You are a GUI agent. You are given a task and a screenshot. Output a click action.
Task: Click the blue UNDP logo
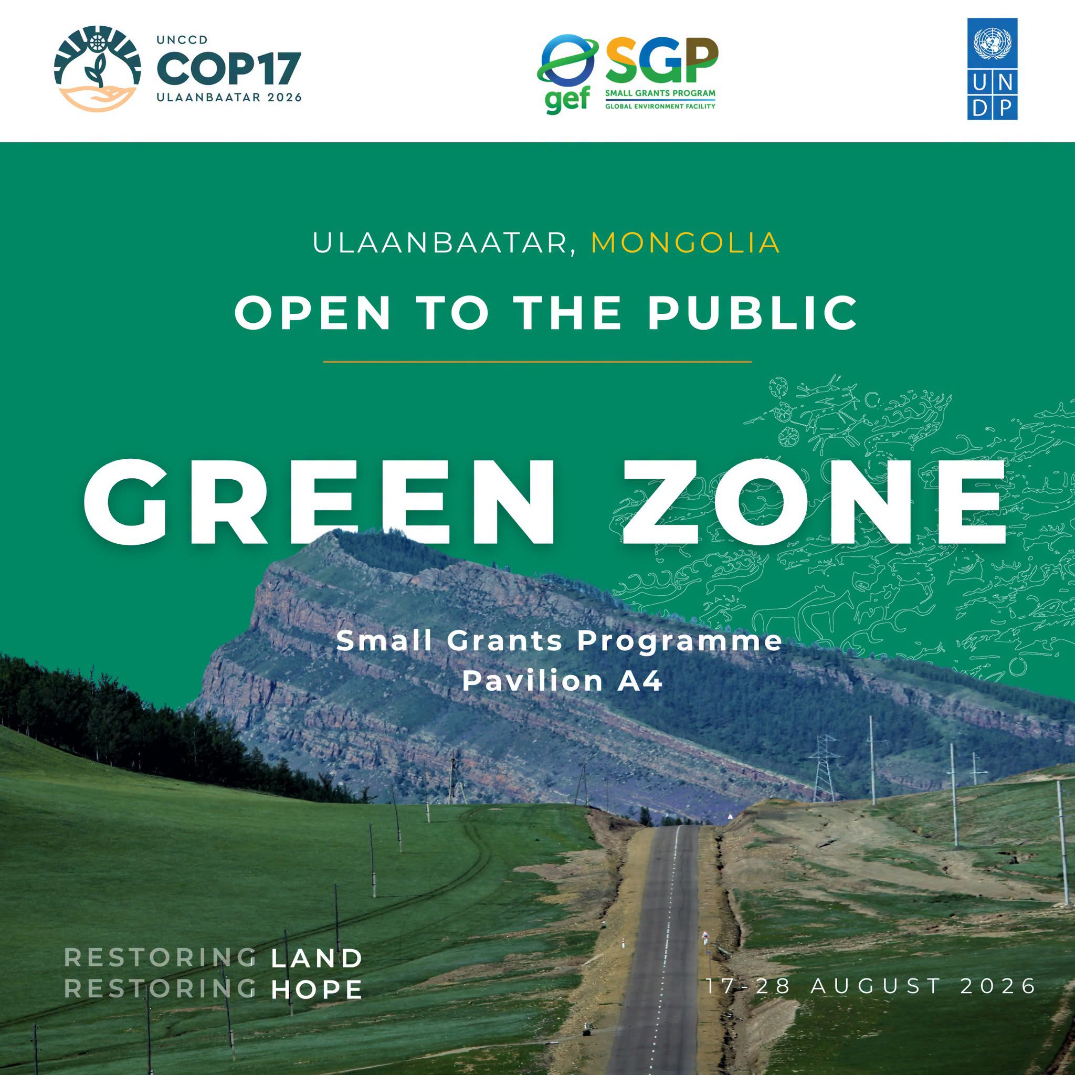pyautogui.click(x=992, y=69)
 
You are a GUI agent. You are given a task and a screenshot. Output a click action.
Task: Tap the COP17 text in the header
pyautogui.click(x=229, y=68)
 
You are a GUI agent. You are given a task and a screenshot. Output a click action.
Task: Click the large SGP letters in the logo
pyautogui.click(x=661, y=60)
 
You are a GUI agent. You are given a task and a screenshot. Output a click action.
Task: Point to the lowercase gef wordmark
pyautogui.click(x=567, y=100)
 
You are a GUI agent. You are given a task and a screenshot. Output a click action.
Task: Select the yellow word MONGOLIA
pyautogui.click(x=686, y=243)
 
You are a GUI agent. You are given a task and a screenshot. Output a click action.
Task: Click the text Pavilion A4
pyautogui.click(x=563, y=680)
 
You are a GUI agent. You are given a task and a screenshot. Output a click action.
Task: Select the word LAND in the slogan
pyautogui.click(x=317, y=958)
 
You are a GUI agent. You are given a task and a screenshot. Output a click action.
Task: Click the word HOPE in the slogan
pyautogui.click(x=317, y=989)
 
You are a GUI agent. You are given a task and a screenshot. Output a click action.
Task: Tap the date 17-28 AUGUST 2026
pyautogui.click(x=871, y=986)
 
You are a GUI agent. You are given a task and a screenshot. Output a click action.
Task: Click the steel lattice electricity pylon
pyautogui.click(x=824, y=768)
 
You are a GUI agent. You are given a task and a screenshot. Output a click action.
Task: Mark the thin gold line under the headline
pyautogui.click(x=537, y=362)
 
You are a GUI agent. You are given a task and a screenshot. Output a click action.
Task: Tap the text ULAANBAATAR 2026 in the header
pyautogui.click(x=229, y=98)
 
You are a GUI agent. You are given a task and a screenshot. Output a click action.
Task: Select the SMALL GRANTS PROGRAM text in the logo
pyautogui.click(x=660, y=93)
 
